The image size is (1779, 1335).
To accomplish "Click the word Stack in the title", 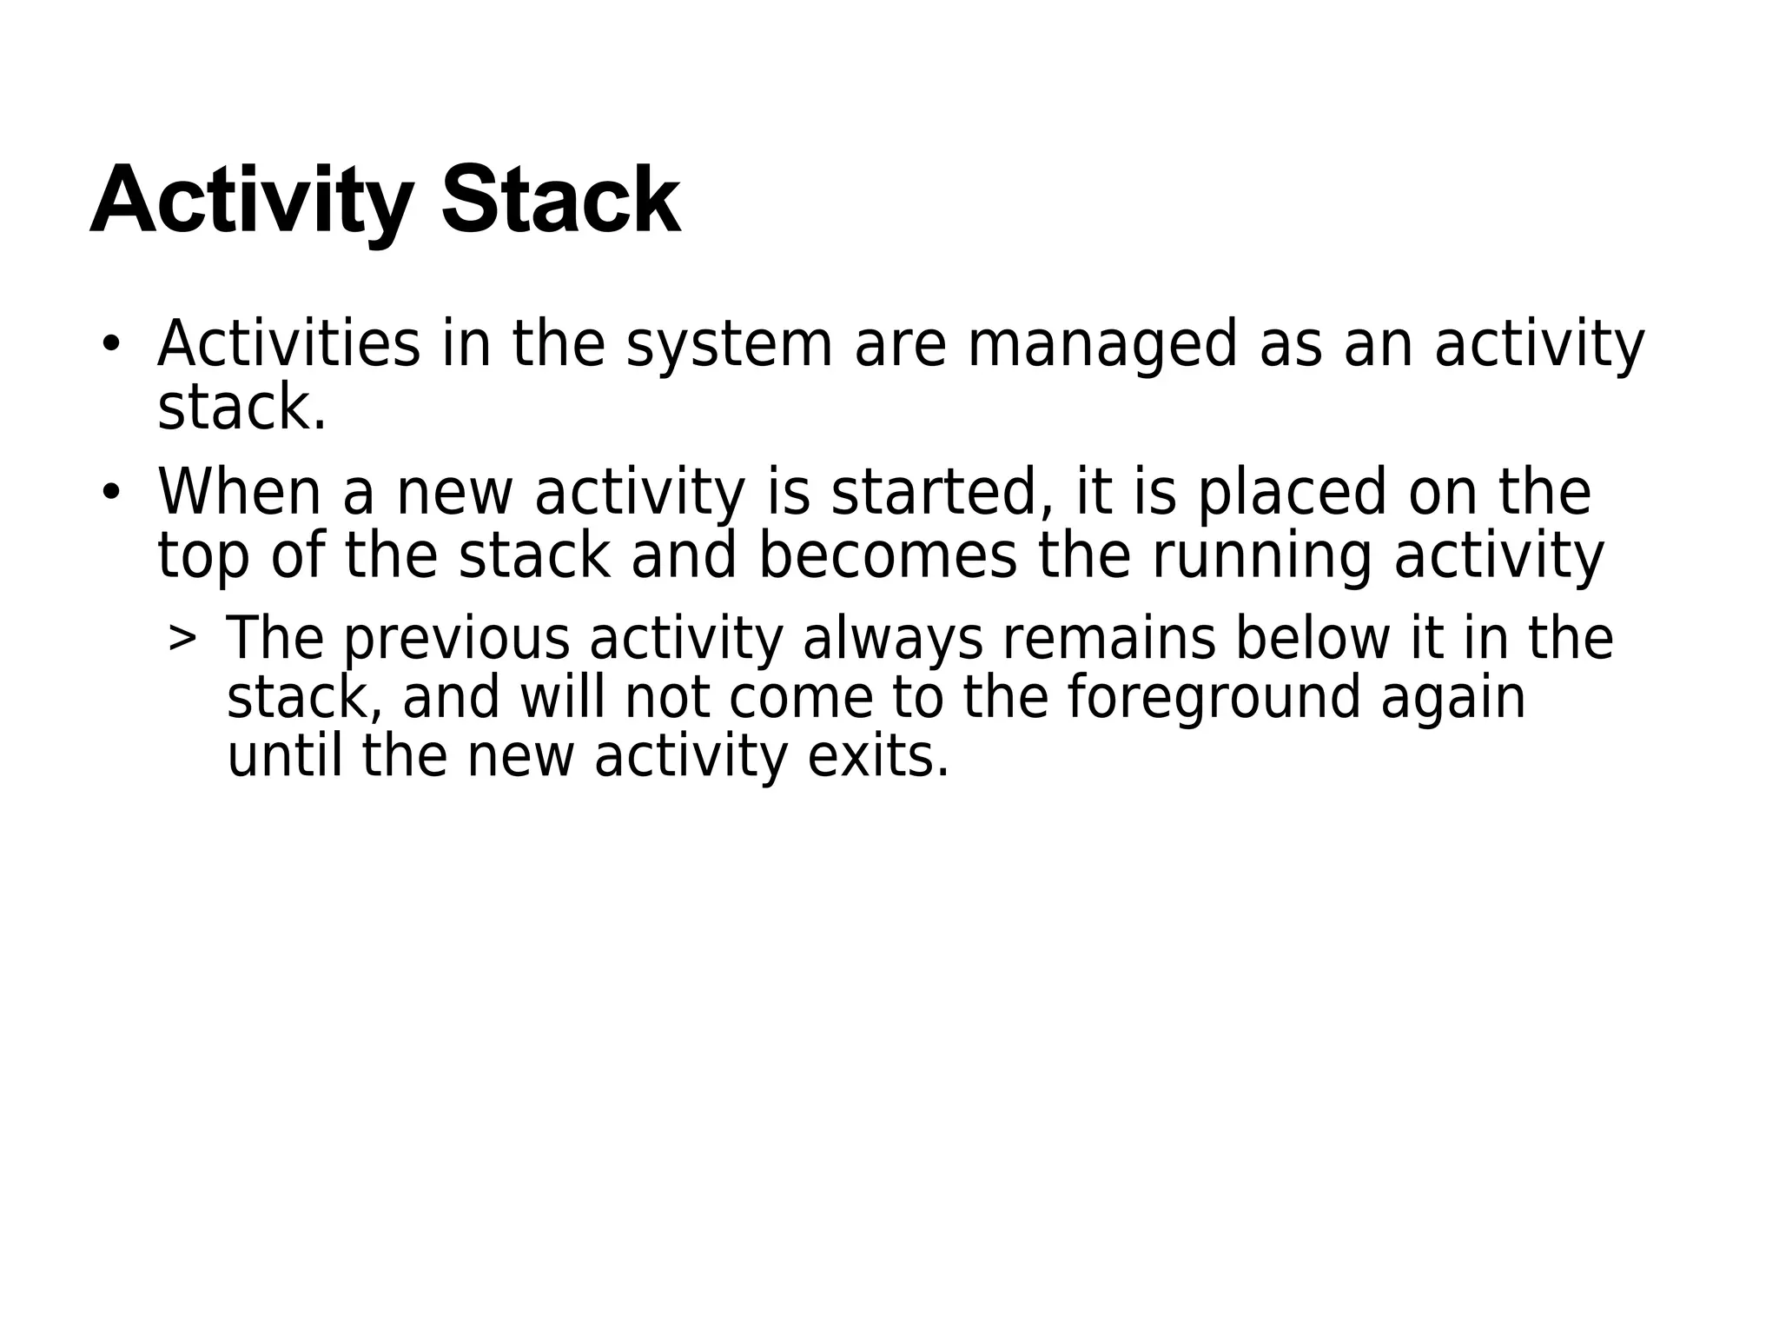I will click(x=561, y=202).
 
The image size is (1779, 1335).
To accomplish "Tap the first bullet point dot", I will click(x=109, y=344).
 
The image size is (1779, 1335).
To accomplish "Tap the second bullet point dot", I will click(x=109, y=493).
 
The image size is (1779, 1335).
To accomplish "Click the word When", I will click(x=239, y=493).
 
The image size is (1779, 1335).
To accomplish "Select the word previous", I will click(x=457, y=641).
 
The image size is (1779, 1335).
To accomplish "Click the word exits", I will click(x=877, y=756).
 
